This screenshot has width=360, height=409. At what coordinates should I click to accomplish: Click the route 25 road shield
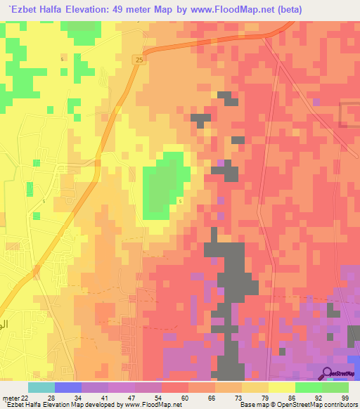[x=139, y=61]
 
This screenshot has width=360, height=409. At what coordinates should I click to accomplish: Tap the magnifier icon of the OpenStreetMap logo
[x=328, y=373]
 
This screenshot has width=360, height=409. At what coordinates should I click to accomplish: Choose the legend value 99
[x=345, y=397]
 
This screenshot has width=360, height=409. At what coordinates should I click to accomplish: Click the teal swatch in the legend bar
[x=41, y=387]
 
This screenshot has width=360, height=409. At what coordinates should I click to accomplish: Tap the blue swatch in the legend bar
[x=67, y=387]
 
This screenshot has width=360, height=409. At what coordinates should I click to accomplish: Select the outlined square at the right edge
[x=349, y=115]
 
